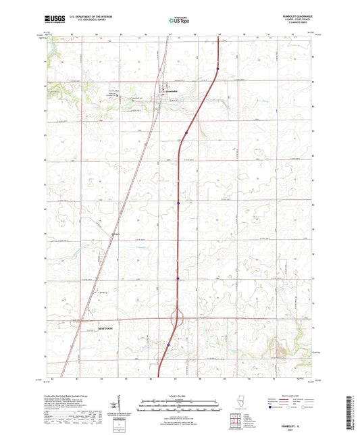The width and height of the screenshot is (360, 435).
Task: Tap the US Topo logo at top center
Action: click(x=178, y=21)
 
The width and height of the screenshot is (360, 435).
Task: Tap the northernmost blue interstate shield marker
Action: click(x=218, y=68)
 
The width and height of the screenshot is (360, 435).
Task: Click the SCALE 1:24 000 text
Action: click(x=180, y=395)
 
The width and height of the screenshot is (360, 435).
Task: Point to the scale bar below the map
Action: click(x=180, y=403)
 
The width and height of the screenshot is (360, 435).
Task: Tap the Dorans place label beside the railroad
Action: click(x=114, y=234)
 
